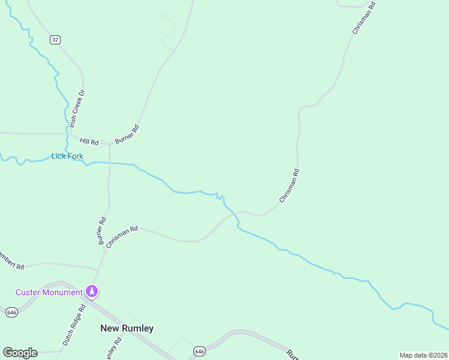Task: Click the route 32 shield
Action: coord(55,40)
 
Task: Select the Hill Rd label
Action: coord(89,142)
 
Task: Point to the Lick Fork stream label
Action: coord(67,156)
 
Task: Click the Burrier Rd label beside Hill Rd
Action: coord(127,134)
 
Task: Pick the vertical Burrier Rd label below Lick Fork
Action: coord(102,230)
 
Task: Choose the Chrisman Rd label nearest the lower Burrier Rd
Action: coord(122,236)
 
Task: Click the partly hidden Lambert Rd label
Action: coord(11,261)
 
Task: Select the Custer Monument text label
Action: coord(49,292)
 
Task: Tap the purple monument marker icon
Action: coord(92,292)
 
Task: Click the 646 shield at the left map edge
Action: coord(11,312)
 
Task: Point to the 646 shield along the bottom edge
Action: coord(200,350)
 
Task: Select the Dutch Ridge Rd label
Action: coord(74,325)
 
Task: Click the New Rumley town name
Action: coord(127,328)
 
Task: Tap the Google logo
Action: coord(20,353)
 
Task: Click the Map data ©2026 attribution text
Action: coord(423,355)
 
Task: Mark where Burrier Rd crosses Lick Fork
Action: coord(109,163)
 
